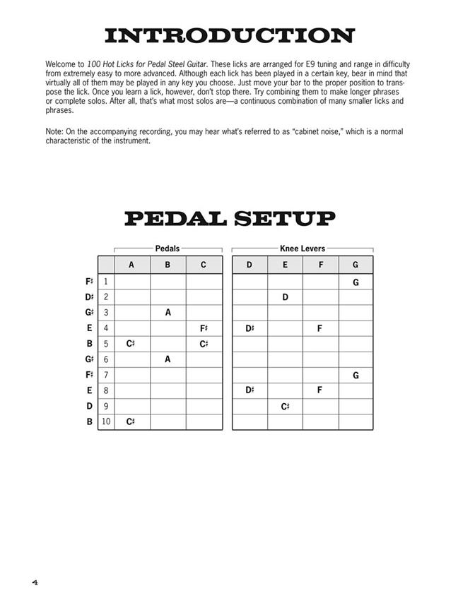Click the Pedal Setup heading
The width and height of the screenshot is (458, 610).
[x=229, y=219]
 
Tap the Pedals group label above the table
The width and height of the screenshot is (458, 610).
[x=168, y=249]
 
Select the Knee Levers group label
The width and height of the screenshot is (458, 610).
[x=303, y=249]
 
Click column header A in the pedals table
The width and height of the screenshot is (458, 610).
[x=131, y=265]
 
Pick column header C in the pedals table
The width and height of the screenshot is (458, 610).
[x=204, y=265]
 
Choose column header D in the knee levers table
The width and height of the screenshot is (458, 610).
[x=249, y=265]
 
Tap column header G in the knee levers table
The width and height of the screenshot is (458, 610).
[x=356, y=265]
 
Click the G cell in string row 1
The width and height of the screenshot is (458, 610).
[x=356, y=282]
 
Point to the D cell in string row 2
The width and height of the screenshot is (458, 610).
[x=285, y=297]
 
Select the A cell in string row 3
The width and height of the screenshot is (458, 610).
[x=168, y=313]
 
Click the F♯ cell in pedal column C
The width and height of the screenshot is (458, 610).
[x=204, y=328]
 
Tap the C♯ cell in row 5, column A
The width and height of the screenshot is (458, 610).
[x=131, y=344]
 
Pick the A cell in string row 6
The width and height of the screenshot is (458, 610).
[x=168, y=359]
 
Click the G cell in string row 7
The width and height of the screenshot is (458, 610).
[x=356, y=375]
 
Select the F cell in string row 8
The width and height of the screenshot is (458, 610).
[x=320, y=390]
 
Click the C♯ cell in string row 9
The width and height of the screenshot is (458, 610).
[x=285, y=406]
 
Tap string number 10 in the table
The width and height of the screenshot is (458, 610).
[x=106, y=421]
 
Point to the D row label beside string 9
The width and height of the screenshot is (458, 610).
[x=89, y=406]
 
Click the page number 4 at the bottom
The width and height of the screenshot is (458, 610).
[x=34, y=582]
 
